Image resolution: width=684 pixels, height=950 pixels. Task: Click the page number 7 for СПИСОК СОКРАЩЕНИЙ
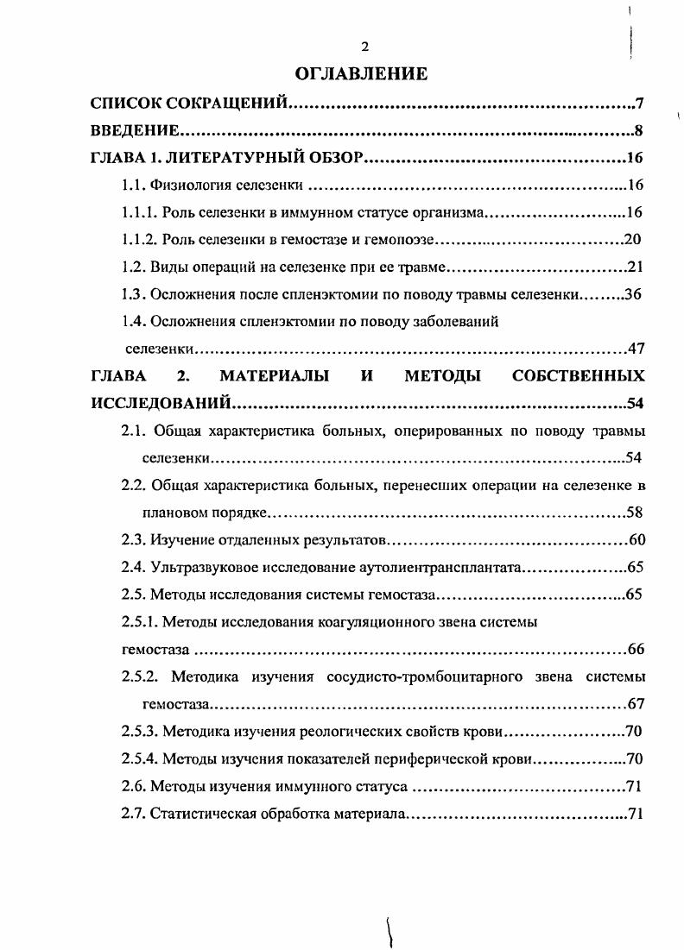(x=639, y=104)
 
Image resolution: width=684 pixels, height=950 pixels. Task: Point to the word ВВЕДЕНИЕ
(x=135, y=131)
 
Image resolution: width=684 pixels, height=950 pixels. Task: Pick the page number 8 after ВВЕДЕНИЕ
(x=639, y=131)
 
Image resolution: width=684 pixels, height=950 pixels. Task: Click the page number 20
(x=631, y=239)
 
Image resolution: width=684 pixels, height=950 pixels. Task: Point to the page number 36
(x=632, y=294)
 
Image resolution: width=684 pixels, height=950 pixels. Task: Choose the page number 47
(x=636, y=349)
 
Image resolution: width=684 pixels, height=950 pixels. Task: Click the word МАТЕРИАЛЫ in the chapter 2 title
(x=273, y=376)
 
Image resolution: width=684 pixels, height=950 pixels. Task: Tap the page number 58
(x=635, y=513)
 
